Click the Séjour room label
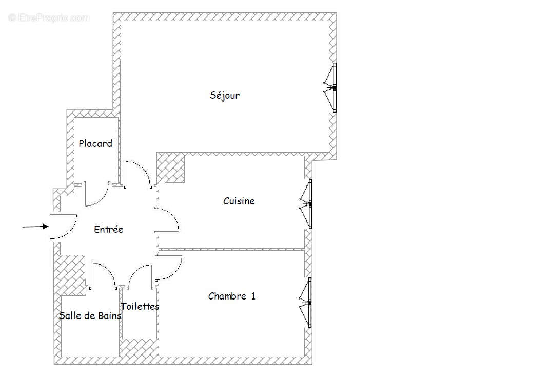pyautogui.click(x=225, y=96)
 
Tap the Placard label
pyautogui.click(x=95, y=143)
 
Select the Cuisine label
pyautogui.click(x=239, y=201)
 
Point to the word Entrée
pyautogui.click(x=109, y=229)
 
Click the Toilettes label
pyautogui.click(x=140, y=306)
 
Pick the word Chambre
pyautogui.click(x=227, y=296)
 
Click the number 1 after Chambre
pyautogui.click(x=253, y=296)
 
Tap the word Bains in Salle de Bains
pyautogui.click(x=110, y=316)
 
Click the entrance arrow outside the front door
pyautogui.click(x=35, y=227)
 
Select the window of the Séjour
pyautogui.click(x=330, y=88)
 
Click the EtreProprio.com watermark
pyautogui.click(x=49, y=17)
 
